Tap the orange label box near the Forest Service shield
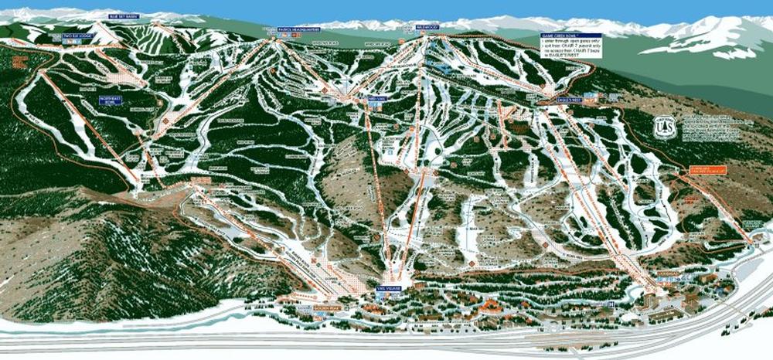tap(700, 172)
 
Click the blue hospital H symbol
tap(609, 304)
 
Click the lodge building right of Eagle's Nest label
tap(591, 99)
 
